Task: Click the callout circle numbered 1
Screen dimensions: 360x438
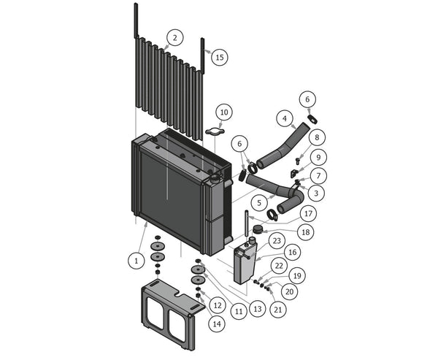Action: coord(135,259)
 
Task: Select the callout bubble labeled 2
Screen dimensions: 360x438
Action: coord(174,37)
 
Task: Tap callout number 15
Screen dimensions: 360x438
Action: coord(220,56)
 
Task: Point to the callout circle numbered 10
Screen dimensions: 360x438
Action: coord(224,112)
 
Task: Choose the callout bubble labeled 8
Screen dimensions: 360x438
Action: coord(315,137)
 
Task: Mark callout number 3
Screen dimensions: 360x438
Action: coord(315,193)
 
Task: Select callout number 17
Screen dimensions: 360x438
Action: coord(308,214)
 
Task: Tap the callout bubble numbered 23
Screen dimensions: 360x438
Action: coord(276,240)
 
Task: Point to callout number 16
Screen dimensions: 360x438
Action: coord(293,252)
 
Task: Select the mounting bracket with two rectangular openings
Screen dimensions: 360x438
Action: coord(173,310)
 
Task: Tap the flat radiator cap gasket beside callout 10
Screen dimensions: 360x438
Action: coord(212,132)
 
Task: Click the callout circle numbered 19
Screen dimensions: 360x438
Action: coord(297,276)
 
